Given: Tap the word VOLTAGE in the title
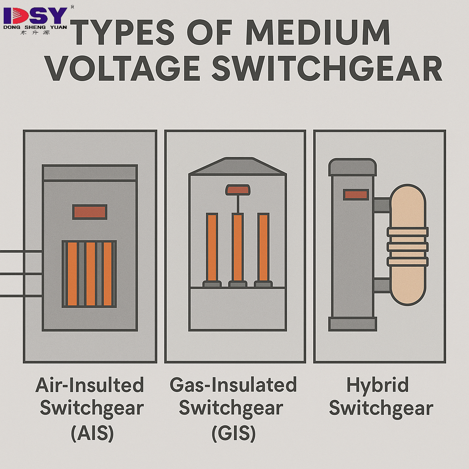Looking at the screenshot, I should click(123, 69).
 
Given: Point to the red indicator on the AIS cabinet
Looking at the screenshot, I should click(90, 212).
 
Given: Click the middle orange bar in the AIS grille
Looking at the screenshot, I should click(90, 274).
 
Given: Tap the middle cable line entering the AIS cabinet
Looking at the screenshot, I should click(21, 274).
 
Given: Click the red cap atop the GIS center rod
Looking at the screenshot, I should click(237, 189).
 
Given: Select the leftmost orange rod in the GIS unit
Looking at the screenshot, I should click(212, 247).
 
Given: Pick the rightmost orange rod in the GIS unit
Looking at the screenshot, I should click(263, 247).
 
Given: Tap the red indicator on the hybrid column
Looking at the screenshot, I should click(356, 195).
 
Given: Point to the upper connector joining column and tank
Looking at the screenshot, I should click(382, 205).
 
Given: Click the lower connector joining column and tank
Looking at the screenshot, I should click(382, 285).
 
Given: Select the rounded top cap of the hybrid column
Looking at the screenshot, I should click(353, 167).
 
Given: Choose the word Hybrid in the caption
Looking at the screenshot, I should click(378, 386).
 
